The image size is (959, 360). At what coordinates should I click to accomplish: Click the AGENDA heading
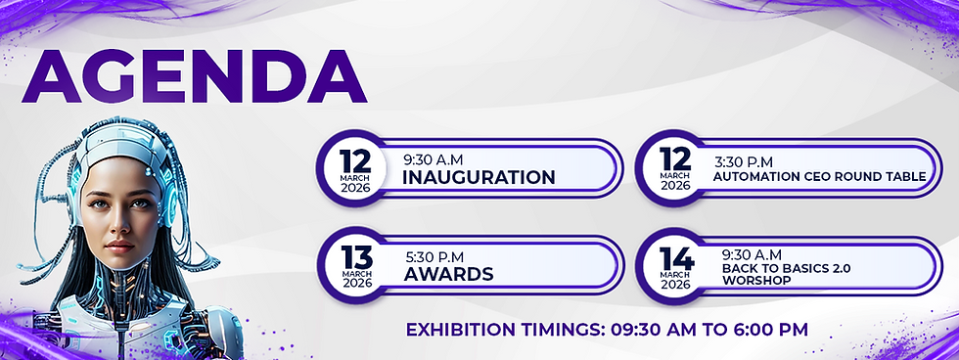(x=194, y=75)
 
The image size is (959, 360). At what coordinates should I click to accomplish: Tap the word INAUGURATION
(x=479, y=177)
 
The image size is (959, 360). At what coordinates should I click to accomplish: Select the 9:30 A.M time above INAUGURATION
(x=433, y=160)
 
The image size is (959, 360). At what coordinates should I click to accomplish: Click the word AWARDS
(x=448, y=274)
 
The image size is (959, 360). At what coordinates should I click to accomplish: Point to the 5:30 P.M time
(x=434, y=257)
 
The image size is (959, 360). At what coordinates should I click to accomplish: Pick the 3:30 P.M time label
(x=744, y=162)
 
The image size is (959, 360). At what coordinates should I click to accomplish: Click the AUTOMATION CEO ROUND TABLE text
(x=820, y=177)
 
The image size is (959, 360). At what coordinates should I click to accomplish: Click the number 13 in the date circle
(x=356, y=256)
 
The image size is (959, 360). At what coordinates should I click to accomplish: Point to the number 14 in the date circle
(x=676, y=259)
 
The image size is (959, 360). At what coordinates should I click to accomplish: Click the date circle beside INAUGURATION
(x=354, y=168)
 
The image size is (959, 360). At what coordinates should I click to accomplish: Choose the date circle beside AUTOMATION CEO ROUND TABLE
(x=674, y=168)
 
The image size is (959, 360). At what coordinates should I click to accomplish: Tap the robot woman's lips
(x=119, y=246)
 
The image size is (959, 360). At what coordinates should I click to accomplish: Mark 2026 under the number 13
(x=356, y=283)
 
